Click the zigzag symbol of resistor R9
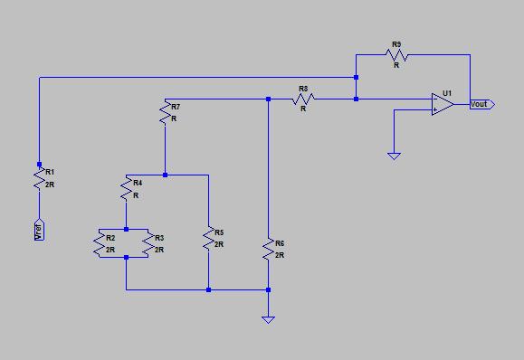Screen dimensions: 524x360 coord(396,55)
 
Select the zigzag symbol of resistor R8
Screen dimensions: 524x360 coord(303,99)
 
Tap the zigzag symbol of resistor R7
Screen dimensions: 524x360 coord(165,113)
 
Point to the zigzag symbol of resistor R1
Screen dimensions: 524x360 coord(39,178)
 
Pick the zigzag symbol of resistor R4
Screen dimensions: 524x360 coord(127,189)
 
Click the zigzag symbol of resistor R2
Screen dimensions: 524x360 coord(100,243)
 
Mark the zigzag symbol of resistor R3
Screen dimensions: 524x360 coord(148,243)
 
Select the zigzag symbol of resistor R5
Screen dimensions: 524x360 coord(208,239)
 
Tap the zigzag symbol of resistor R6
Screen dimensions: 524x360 coord(269,249)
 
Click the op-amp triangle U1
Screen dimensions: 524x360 coord(443,104)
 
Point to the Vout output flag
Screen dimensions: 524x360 coord(482,104)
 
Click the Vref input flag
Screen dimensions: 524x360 coord(39,230)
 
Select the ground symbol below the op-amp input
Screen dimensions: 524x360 coord(394,156)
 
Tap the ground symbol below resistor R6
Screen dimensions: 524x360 coord(269,320)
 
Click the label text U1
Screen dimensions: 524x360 coord(447,93)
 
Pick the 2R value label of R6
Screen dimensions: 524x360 coord(280,255)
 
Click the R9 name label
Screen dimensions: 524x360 coord(396,44)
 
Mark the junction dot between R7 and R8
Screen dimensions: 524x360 coord(269,99)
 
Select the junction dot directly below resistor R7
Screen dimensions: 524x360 coord(165,175)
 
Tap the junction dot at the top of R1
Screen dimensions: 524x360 coord(39,165)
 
